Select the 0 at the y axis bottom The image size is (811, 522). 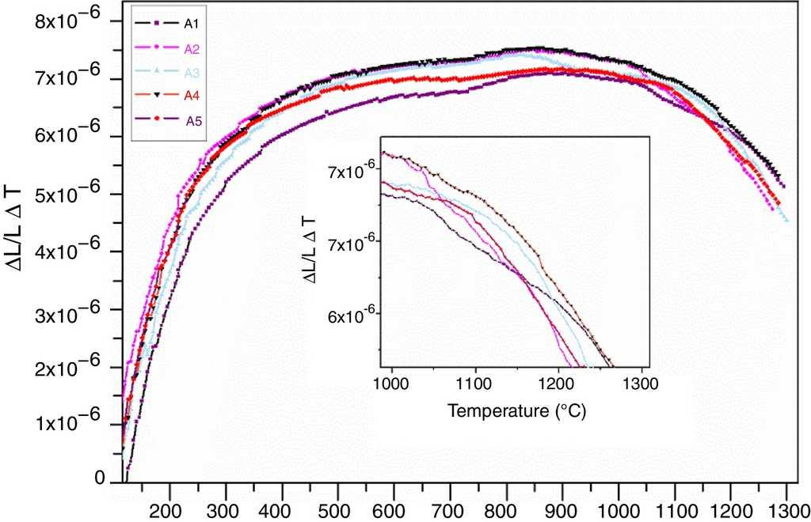click(99, 479)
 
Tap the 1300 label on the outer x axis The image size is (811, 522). click(786, 509)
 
